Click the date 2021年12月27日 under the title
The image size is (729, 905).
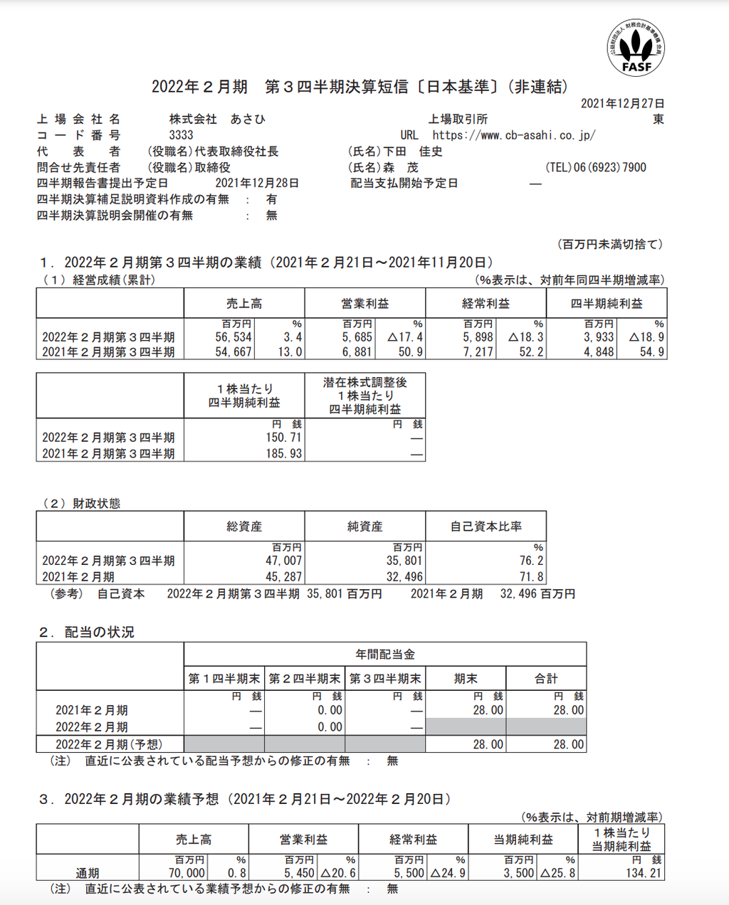pos(622,104)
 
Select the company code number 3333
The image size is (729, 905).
pos(181,135)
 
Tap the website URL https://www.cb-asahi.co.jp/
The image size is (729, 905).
pos(513,135)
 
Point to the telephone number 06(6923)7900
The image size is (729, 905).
pos(610,168)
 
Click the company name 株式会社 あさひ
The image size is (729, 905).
pos(217,120)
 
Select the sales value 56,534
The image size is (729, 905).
pos(234,337)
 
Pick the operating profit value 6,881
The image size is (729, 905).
pos(357,352)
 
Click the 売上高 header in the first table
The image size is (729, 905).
pos(243,304)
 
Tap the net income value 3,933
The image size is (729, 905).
pos(599,337)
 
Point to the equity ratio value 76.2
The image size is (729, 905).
pos(531,561)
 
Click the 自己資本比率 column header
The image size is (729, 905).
pos(486,527)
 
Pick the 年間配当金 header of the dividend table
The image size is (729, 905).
pos(385,654)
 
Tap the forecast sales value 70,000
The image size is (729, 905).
pos(187,873)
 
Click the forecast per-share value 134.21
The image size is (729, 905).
pos(644,873)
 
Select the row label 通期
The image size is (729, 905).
pos(88,873)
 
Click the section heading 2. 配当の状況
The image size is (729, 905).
pos(87,633)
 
